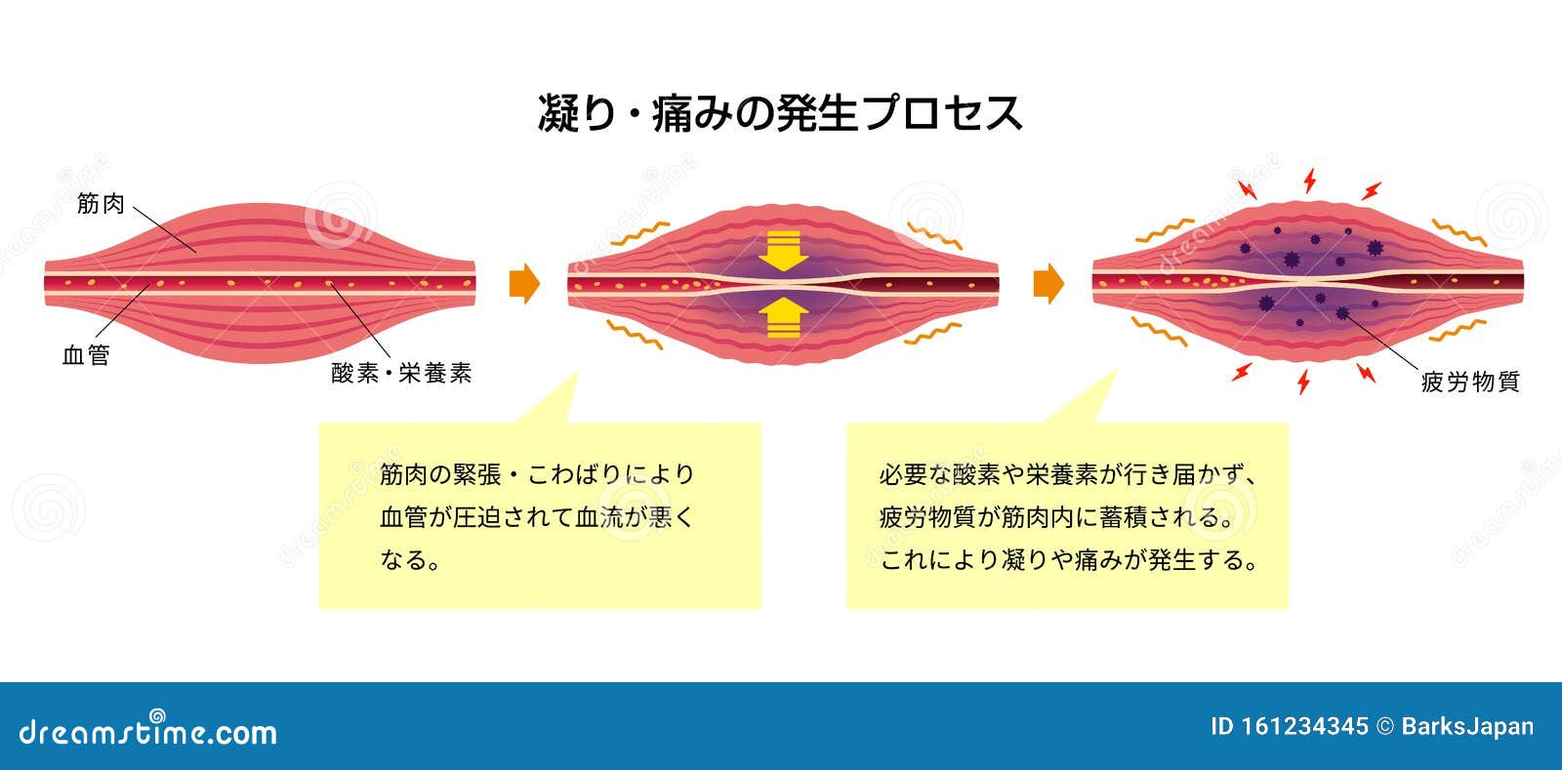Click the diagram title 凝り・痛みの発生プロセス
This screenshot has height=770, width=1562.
pos(780,113)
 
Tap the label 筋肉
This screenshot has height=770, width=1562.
pos(102,204)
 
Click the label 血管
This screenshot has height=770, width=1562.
pos(86,355)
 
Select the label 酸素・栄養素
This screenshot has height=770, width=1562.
pos(401,373)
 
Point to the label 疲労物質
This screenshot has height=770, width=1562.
pos(1470,382)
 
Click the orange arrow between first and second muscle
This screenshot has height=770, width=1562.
pos(524,284)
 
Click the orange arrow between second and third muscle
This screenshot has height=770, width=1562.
pos(1048,284)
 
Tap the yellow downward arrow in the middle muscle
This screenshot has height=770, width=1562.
pos(784,251)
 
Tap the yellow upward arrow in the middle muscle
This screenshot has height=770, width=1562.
pos(784,317)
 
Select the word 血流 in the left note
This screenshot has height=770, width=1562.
pos(598,517)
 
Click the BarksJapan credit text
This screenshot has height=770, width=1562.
pos(1467,726)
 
